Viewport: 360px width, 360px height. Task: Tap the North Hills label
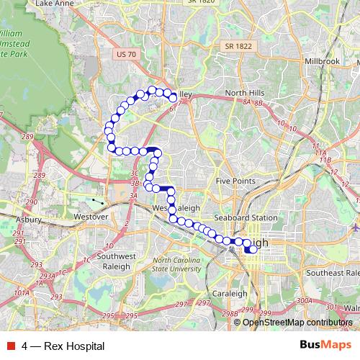click(x=245, y=94)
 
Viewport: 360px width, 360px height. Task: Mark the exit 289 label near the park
click(x=28, y=137)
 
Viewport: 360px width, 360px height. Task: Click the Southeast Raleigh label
click(x=332, y=273)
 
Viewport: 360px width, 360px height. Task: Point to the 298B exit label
click(x=230, y=314)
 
